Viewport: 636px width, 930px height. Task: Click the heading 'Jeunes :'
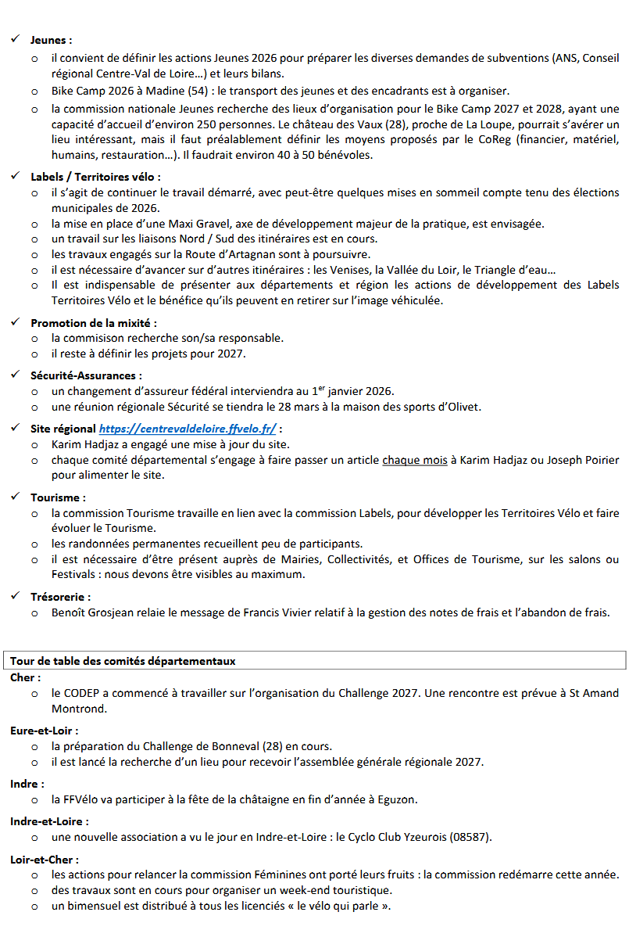click(51, 39)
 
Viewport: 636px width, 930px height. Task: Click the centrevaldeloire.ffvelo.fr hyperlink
click(188, 429)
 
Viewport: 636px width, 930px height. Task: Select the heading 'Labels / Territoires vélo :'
click(95, 177)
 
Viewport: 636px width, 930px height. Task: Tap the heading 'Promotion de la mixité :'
click(93, 322)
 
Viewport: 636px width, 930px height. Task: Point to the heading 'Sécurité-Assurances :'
click(86, 375)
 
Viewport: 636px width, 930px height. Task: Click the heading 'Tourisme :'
click(58, 497)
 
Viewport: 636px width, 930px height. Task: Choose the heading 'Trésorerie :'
click(61, 597)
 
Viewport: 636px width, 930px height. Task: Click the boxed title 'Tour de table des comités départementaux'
click(123, 661)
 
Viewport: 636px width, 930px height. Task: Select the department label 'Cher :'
click(26, 677)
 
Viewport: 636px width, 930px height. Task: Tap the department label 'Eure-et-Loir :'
click(45, 730)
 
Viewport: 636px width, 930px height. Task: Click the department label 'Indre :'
click(27, 783)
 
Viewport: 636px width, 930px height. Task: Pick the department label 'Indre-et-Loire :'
click(49, 821)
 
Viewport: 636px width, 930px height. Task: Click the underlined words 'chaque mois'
click(414, 460)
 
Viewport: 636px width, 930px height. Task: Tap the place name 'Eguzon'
click(396, 799)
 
